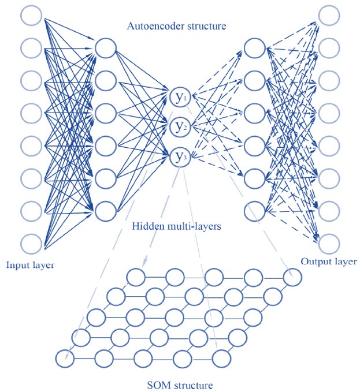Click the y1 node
click(x=180, y=98)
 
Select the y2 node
click(x=180, y=127)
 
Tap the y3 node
click(x=180, y=157)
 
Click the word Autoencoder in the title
click(x=154, y=26)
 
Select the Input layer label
click(x=30, y=265)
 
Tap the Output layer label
click(x=329, y=262)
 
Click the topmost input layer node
click(x=31, y=16)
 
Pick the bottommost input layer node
click(x=31, y=244)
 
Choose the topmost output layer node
click(x=329, y=16)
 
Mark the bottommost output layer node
click(x=329, y=244)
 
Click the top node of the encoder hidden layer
click(x=106, y=48)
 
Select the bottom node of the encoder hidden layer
click(x=106, y=211)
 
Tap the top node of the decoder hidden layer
click(x=255, y=48)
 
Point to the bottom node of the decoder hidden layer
click(x=255, y=211)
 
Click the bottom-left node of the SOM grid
click(x=65, y=359)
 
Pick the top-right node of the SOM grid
click(x=292, y=277)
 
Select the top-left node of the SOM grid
click(x=136, y=277)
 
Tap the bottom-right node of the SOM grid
click(x=221, y=359)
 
